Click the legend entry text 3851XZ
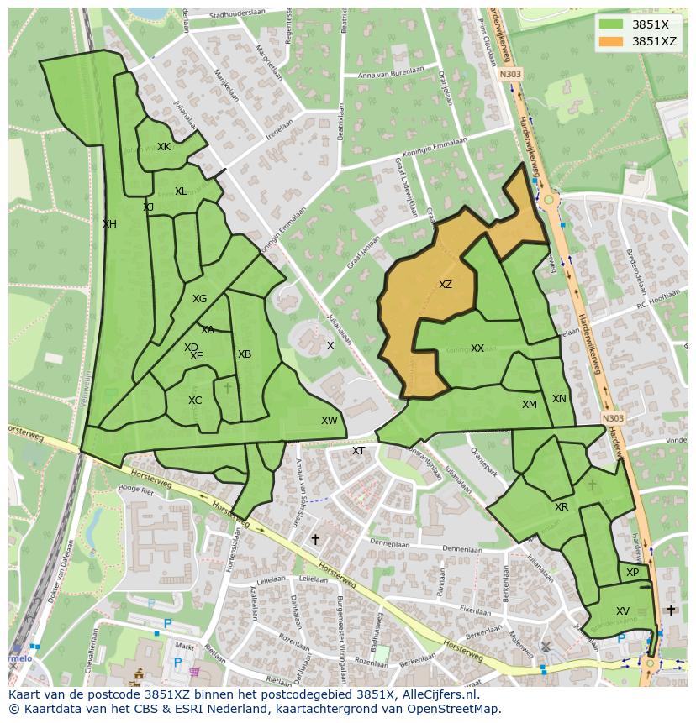pos(654,41)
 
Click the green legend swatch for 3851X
pos(611,24)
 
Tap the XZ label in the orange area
pos(446,285)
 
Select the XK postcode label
pos(164,147)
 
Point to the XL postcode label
pos(181,191)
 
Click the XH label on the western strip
pos(109,224)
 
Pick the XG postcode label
pos(199,299)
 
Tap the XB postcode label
pos(245,354)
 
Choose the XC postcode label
pos(195,401)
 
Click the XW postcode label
pos(329,421)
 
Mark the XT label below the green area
pos(358,451)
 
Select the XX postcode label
pos(477,348)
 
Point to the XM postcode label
pos(529,405)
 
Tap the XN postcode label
pos(559,399)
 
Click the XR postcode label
pos(562,507)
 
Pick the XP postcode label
pos(632,573)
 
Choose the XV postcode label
pos(623,611)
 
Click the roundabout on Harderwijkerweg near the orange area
pos(549,200)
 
